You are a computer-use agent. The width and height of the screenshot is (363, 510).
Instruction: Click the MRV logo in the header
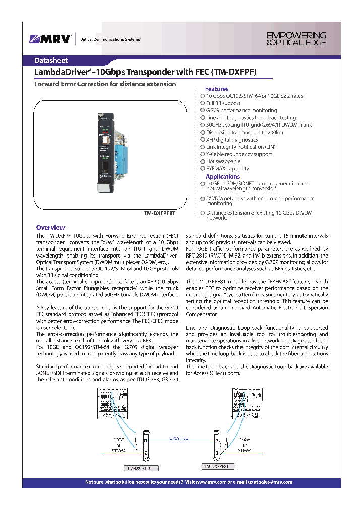tap(50, 39)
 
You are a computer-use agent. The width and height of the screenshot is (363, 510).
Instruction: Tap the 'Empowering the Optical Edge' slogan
tap(296, 39)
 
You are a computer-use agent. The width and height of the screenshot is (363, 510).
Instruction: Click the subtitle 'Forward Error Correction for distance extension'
tap(105, 84)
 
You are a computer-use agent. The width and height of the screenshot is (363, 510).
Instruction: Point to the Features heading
tap(216, 89)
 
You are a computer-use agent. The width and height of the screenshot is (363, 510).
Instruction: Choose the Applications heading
tap(222, 177)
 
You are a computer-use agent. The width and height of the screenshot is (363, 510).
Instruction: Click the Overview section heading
tap(50, 228)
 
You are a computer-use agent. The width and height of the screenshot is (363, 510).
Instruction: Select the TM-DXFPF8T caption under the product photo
tap(160, 213)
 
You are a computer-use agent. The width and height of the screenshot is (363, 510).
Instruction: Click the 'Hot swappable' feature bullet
tap(223, 161)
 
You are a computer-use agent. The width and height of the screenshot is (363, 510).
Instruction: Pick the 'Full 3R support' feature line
tap(223, 103)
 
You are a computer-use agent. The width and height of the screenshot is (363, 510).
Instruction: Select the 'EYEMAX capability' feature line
tap(227, 169)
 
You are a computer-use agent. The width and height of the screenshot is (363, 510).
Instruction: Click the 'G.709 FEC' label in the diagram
tap(178, 439)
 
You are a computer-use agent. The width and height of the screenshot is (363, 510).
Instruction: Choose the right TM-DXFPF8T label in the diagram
tap(217, 467)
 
